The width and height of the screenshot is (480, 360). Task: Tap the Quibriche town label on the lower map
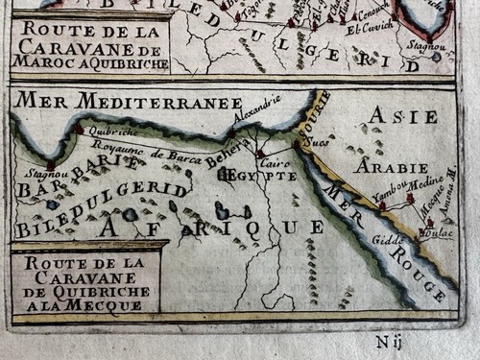coord(106,132)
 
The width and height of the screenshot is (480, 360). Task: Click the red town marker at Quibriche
coord(79,129)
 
